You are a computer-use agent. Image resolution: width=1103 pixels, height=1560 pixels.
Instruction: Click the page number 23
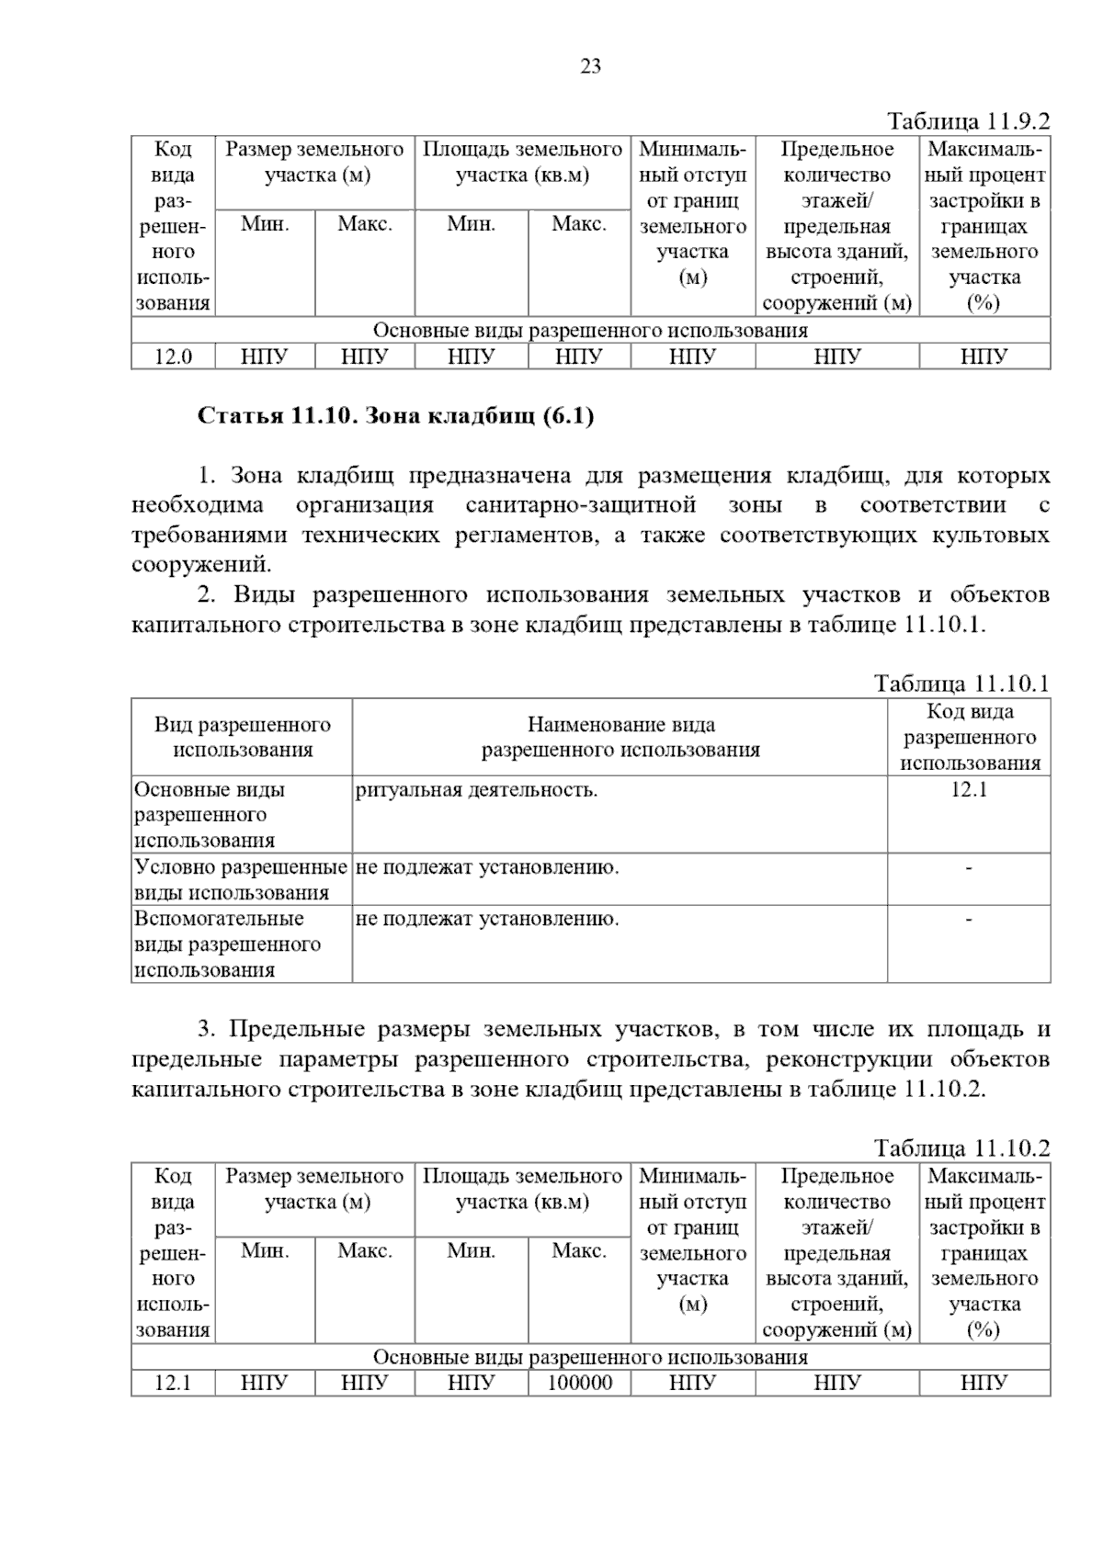[x=590, y=66]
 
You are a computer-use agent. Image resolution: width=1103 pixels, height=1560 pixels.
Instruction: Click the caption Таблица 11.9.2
[x=968, y=121]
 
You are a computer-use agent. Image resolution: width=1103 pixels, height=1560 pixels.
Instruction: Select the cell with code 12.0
[x=173, y=356]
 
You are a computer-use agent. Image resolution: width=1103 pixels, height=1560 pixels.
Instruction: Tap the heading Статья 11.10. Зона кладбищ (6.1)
[x=396, y=416]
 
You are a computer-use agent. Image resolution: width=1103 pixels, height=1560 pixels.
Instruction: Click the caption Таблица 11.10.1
[x=961, y=684]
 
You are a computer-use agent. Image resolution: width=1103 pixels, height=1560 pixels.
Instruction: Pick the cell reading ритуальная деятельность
[x=476, y=790]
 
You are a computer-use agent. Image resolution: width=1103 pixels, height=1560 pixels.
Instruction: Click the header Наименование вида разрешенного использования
[x=620, y=737]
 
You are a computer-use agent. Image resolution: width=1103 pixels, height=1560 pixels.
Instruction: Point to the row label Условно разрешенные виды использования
[x=241, y=879]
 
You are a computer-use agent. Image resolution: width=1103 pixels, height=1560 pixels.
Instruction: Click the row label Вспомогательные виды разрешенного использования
[x=227, y=944]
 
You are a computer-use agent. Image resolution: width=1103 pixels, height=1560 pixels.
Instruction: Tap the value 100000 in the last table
[x=579, y=1383]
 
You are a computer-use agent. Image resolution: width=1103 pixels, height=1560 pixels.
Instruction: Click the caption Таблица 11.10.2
[x=961, y=1148]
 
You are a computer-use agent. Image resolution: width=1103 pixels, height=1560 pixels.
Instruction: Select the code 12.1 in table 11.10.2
[x=173, y=1383]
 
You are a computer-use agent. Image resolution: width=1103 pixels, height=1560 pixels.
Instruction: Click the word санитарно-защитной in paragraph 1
[x=580, y=505]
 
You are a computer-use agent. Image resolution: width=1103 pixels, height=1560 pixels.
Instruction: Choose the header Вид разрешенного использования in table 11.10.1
[x=242, y=737]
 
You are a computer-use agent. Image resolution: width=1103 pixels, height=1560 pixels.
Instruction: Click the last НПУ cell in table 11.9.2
[x=984, y=356]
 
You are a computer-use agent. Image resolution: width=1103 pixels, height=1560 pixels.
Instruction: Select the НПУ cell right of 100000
[x=692, y=1383]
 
